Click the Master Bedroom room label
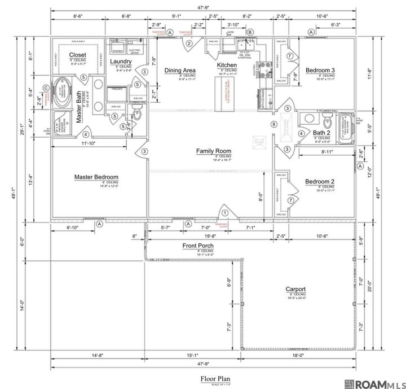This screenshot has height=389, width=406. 96,177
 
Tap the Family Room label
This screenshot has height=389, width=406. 214,151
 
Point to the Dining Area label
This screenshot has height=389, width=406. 180,70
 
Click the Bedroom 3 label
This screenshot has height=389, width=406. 320,70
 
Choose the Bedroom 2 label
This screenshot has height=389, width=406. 320,181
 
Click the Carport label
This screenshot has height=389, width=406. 296,289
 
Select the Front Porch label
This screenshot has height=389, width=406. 197,246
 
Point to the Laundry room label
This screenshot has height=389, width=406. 121,61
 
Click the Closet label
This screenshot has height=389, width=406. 78,55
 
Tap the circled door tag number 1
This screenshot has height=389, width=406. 225,212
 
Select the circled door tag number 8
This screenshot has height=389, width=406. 275,124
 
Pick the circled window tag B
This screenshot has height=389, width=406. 251,33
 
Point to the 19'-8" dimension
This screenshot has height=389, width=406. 211,237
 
